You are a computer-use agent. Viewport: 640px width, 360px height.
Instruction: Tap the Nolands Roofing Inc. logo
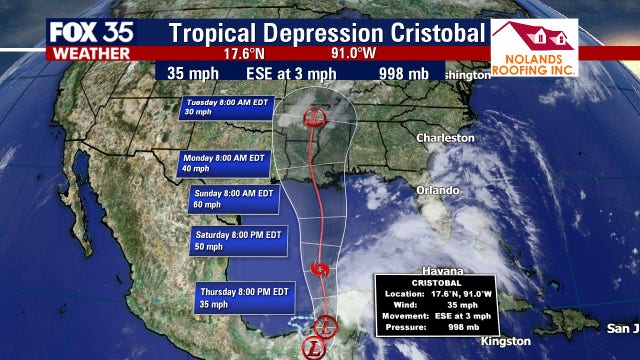click(533, 48)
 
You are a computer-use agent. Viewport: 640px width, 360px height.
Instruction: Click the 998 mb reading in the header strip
click(403, 74)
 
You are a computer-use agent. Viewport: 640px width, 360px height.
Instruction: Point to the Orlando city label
click(438, 190)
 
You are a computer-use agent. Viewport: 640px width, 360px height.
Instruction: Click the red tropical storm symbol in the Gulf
click(319, 268)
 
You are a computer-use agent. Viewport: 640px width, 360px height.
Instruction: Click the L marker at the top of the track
click(313, 116)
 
